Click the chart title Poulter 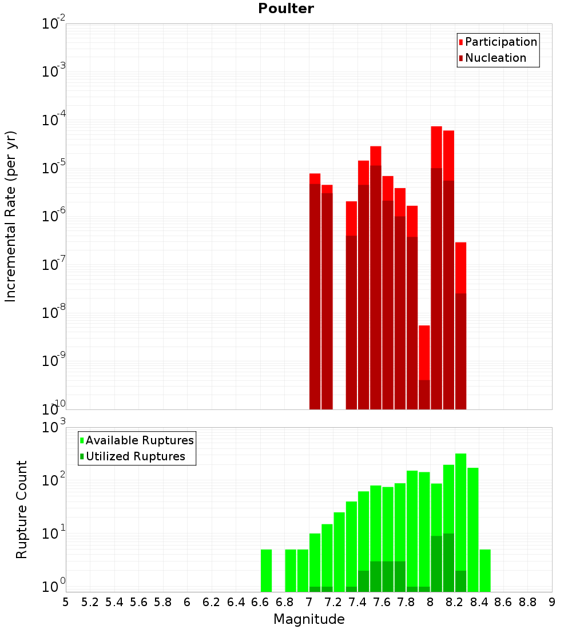click(286, 9)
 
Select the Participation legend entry click(498, 42)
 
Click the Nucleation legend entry click(492, 58)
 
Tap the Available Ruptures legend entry click(137, 440)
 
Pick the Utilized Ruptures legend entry click(133, 456)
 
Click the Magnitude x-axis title click(309, 619)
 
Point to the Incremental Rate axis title click(10, 216)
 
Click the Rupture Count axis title click(21, 509)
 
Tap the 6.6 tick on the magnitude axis click(260, 603)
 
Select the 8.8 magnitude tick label click(527, 603)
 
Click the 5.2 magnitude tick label click(90, 603)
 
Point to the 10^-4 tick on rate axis click(53, 119)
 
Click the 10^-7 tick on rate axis click(53, 264)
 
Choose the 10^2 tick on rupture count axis click(53, 479)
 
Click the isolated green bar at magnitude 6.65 click(266, 571)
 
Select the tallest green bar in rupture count click(461, 523)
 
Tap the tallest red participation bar click(436, 268)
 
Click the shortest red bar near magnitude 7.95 click(424, 368)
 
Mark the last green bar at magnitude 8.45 click(485, 571)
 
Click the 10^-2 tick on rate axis click(53, 23)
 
